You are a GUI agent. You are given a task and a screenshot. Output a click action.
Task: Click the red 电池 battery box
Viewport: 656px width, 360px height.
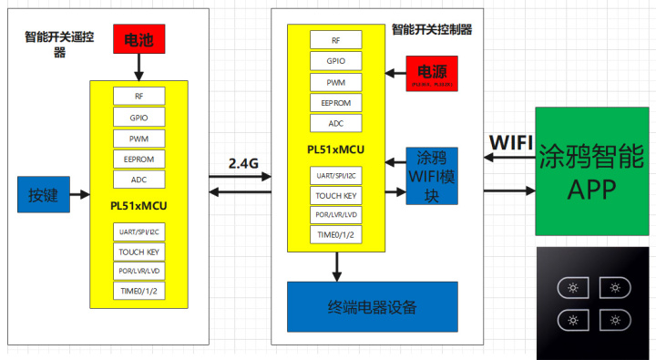tap(138, 40)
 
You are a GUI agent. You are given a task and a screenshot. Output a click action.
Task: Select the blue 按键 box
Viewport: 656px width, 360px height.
tap(43, 194)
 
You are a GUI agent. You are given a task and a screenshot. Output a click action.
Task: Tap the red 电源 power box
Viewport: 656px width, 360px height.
tap(432, 73)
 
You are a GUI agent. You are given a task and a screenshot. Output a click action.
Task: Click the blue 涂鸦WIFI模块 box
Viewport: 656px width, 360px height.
tap(432, 175)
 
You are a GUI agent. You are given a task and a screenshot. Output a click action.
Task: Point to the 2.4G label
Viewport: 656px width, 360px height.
tap(243, 163)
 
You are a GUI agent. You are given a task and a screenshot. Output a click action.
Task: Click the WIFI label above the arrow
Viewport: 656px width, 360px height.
tap(511, 142)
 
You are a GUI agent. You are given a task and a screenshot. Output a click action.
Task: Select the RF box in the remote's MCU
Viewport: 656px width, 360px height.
tap(138, 96)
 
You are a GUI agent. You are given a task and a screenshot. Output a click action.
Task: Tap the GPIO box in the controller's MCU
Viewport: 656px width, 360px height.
tap(335, 61)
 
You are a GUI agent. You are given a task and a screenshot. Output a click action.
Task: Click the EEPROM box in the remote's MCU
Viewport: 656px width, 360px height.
tap(138, 159)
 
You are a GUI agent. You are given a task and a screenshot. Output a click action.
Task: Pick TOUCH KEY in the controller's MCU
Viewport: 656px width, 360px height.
tap(335, 195)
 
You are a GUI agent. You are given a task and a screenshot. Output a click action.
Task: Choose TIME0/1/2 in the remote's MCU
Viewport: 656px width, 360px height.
tap(138, 293)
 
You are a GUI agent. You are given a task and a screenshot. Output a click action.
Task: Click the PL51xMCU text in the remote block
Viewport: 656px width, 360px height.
tap(138, 205)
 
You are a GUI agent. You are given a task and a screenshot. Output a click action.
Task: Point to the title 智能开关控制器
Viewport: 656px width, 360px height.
tap(431, 29)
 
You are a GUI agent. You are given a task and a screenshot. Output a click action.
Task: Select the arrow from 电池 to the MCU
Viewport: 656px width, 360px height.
tap(138, 67)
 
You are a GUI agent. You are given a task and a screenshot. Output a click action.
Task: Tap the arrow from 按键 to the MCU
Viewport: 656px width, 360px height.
tap(79, 194)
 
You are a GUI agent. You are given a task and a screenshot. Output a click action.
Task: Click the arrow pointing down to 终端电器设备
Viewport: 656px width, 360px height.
tap(337, 265)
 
